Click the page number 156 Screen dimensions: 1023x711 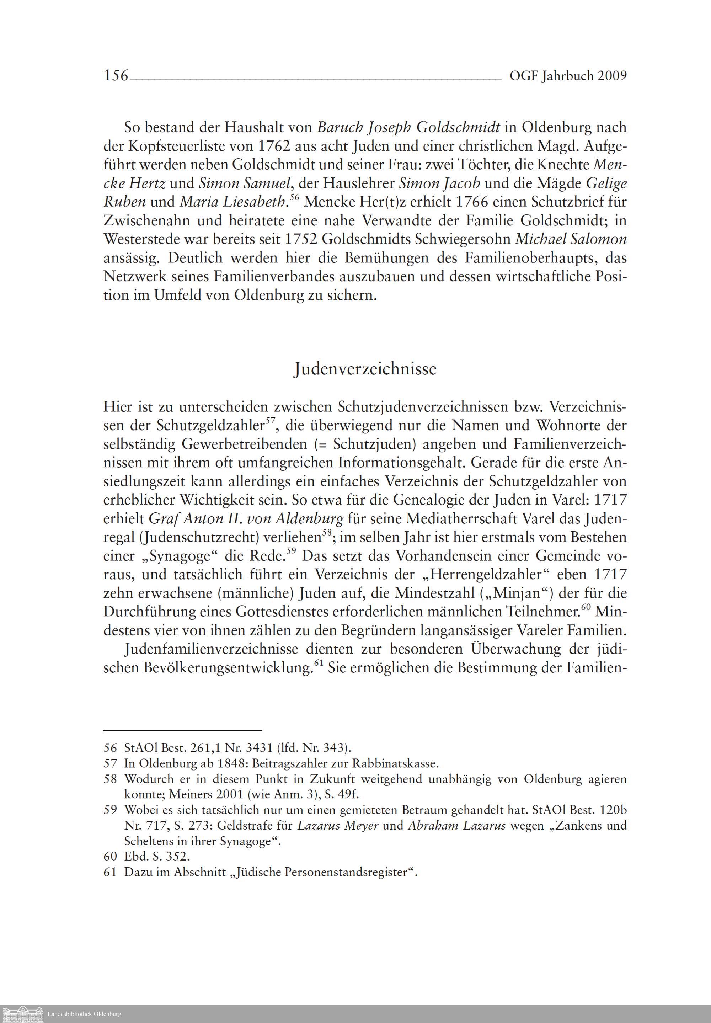tap(116, 76)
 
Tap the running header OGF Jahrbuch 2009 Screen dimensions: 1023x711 tap(568, 76)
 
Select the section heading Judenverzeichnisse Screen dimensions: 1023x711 tap(365, 369)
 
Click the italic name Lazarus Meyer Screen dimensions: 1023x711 tap(338, 826)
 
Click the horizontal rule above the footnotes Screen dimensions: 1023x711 tap(182, 731)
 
